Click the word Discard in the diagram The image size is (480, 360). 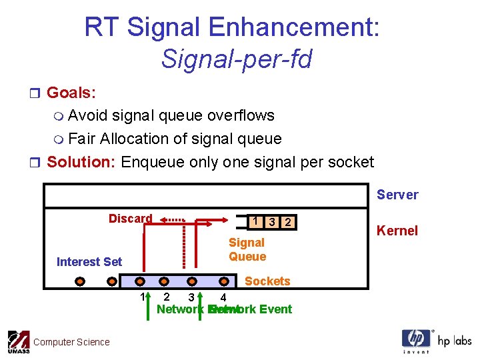click(x=130, y=219)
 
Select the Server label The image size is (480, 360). click(x=397, y=195)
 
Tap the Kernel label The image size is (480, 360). click(x=397, y=231)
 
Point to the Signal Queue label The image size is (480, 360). click(x=247, y=249)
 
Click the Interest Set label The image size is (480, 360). click(x=89, y=262)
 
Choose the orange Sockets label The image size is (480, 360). click(x=267, y=281)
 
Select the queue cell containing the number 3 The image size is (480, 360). click(x=271, y=222)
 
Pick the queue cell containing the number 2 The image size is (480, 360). click(x=287, y=222)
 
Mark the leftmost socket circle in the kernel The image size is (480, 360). click(x=79, y=281)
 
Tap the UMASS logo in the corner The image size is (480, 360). click(x=18, y=342)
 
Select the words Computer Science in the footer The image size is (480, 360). click(x=71, y=342)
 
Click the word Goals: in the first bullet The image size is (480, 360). click(x=71, y=92)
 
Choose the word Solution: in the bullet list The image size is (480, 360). click(x=82, y=162)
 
